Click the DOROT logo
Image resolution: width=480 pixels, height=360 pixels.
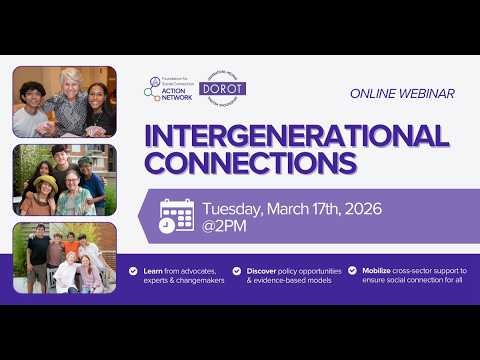point(223,88)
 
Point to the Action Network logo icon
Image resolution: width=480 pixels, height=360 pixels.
point(152,88)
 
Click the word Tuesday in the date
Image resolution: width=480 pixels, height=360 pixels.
point(234,209)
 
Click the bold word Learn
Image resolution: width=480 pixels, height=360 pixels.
point(153,270)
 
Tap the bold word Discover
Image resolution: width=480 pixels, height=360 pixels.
point(264,270)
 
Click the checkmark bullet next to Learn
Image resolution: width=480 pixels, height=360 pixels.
point(134,270)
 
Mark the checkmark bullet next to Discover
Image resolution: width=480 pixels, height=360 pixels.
point(237,270)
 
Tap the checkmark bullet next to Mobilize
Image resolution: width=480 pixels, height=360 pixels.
point(352,270)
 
